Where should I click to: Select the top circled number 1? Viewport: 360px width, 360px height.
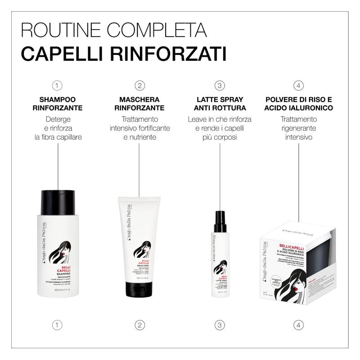click(57, 85)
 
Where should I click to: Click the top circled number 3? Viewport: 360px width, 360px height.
click(220, 85)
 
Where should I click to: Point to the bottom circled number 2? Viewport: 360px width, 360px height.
click(139, 324)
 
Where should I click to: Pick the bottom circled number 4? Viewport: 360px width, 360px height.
click(299, 324)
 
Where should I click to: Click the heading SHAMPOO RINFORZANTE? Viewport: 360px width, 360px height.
click(57, 103)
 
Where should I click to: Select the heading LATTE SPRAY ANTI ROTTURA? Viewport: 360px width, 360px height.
click(220, 103)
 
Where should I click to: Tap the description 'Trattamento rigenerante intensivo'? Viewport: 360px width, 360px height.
click(299, 128)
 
